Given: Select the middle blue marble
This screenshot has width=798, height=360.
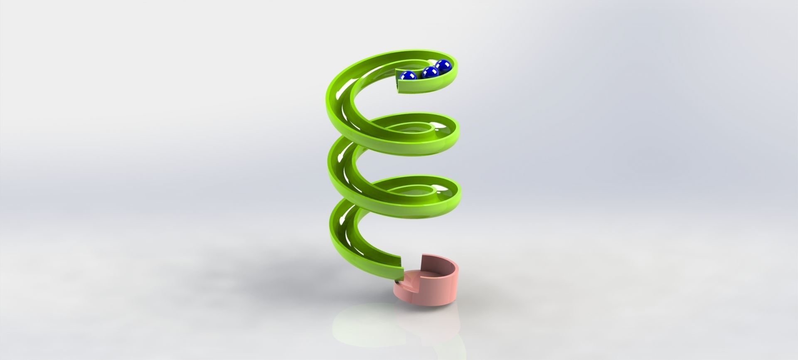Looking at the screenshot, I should click(x=430, y=73).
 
